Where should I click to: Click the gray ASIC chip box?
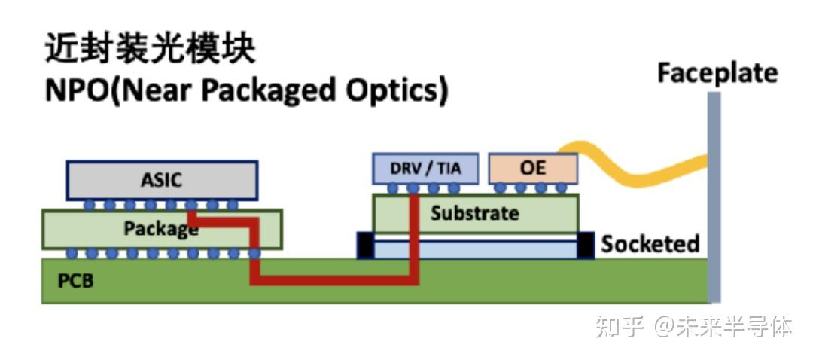click(163, 181)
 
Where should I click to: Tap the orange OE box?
click(533, 169)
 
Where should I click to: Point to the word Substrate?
click(474, 213)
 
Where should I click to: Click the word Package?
click(161, 227)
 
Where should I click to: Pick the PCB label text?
click(76, 281)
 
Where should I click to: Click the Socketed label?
click(650, 244)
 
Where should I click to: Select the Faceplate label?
click(717, 73)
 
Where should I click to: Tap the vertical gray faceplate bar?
click(714, 197)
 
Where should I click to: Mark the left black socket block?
click(365, 246)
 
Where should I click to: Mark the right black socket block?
click(586, 246)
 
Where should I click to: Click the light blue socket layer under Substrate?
click(475, 249)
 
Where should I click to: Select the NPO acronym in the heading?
click(78, 91)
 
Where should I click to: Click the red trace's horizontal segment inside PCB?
click(334, 280)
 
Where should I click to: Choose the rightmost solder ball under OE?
click(562, 188)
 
